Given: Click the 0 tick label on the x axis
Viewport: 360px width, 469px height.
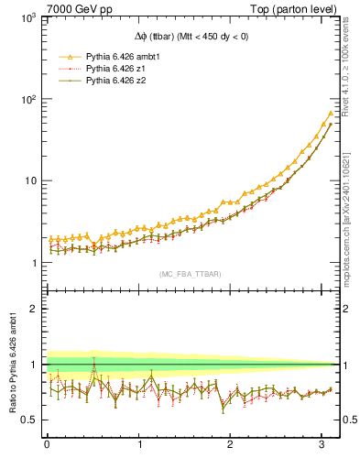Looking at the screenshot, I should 47,446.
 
